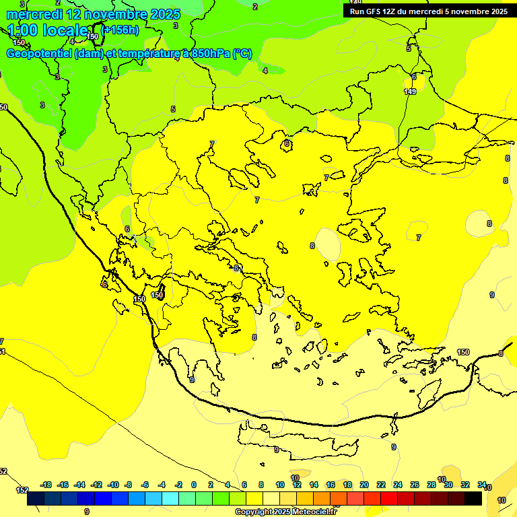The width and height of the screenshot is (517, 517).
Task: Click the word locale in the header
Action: (65, 30)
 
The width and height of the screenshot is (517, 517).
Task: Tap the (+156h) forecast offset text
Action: (121, 30)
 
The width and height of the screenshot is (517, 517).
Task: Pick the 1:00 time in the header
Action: (23, 30)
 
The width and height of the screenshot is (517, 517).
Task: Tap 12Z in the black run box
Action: (391, 11)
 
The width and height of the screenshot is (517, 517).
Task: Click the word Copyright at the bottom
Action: (254, 512)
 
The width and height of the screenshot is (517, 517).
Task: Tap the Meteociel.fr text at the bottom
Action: (312, 512)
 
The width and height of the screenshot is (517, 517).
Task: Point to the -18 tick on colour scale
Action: (46, 485)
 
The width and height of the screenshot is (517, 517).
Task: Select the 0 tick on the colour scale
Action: (194, 485)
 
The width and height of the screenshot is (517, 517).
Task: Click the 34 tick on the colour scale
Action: (482, 485)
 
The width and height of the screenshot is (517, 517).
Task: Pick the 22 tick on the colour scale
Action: (381, 485)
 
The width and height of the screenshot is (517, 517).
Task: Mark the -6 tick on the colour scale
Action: (145, 485)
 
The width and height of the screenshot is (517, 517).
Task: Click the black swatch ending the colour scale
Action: (473, 498)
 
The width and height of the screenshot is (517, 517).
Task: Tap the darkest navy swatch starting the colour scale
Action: (36, 498)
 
